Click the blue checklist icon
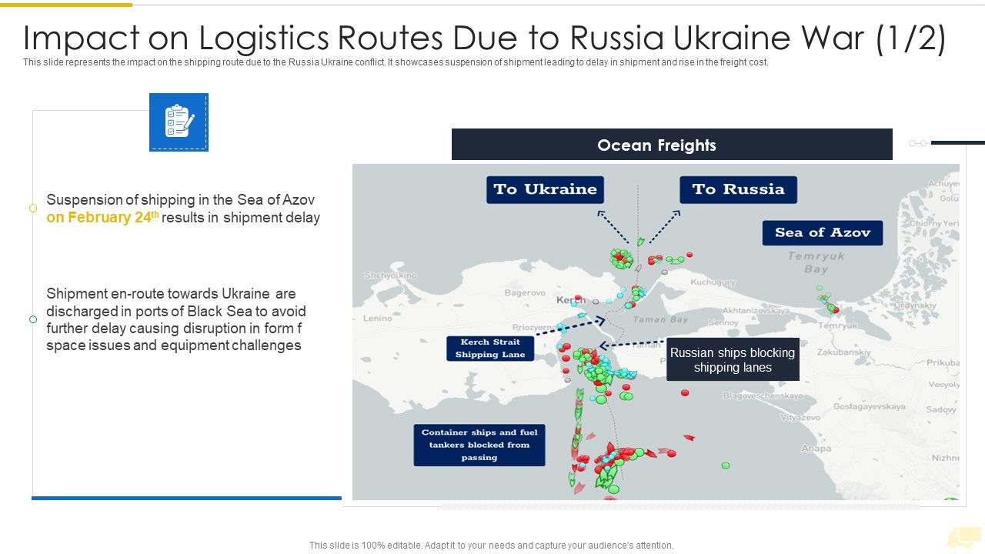pos(179,122)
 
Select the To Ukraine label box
pos(545,189)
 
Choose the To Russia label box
pos(738,189)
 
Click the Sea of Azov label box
pos(822,232)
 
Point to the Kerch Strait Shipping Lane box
pos(490,348)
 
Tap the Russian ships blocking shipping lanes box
pos(732,359)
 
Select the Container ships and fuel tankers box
pos(479,445)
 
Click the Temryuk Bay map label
pos(816,262)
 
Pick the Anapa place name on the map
pos(816,448)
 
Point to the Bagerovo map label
pos(525,292)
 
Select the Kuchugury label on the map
pos(713,282)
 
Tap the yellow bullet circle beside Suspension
pos(33,209)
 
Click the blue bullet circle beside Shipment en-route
pos(33,319)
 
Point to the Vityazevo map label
pos(800,418)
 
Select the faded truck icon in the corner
pos(963,537)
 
